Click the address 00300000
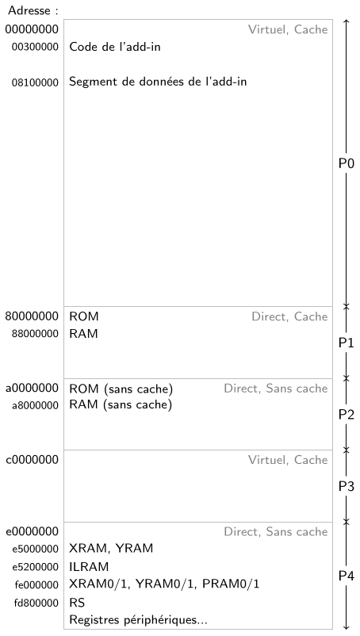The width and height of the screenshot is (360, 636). [35, 47]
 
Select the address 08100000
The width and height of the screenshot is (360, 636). [35, 82]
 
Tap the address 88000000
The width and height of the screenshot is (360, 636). [35, 334]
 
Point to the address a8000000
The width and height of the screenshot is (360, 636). [35, 405]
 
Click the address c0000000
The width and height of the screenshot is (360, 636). [32, 460]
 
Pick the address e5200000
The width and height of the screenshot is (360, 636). [35, 567]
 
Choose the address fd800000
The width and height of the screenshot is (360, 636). [36, 603]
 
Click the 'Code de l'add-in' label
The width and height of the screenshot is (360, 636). [115, 47]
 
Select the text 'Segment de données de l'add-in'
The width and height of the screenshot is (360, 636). [158, 82]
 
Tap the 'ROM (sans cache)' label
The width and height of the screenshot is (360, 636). [121, 389]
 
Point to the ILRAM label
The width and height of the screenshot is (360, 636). [89, 566]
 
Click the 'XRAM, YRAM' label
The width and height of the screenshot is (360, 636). [111, 549]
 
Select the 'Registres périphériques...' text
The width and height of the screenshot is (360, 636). [138, 620]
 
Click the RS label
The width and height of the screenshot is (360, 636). [77, 603]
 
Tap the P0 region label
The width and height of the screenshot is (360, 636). [347, 163]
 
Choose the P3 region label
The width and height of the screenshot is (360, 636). [347, 486]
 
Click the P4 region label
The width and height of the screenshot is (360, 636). [347, 576]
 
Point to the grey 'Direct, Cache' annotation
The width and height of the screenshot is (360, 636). [289, 316]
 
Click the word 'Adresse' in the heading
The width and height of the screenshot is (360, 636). [29, 10]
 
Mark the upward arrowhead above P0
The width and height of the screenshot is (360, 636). [347, 21]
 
